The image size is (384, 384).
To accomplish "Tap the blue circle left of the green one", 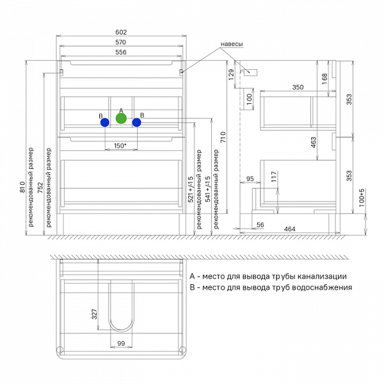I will pyautogui.click(x=104, y=123).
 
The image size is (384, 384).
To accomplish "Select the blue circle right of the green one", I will pyautogui.click(x=136, y=122).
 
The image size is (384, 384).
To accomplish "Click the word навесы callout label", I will pyautogui.click(x=232, y=45).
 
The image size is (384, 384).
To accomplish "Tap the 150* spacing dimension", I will pyautogui.click(x=120, y=146).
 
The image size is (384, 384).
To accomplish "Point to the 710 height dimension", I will pyautogui.click(x=223, y=136).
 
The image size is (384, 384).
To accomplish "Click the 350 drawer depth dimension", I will pyautogui.click(x=298, y=87).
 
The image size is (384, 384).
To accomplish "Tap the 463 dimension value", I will pyautogui.click(x=323, y=143).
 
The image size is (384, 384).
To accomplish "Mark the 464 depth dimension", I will pyautogui.click(x=289, y=228).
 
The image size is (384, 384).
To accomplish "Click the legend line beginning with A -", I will pyautogui.click(x=268, y=276).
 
